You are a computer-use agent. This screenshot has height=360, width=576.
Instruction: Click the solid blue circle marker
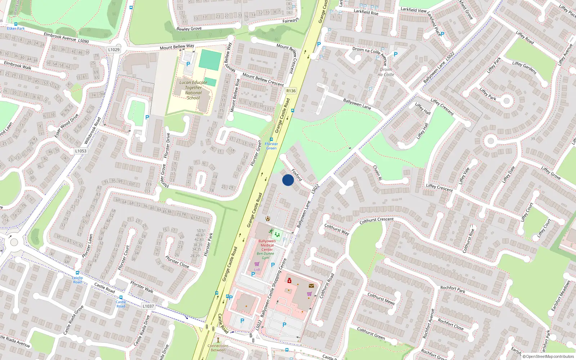pos(288,180)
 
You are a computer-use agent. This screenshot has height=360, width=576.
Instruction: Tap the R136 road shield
pos(291,91)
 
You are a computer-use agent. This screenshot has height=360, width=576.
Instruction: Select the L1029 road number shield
pos(114,50)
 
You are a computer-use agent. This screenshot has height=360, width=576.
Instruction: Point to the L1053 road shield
pos(81,151)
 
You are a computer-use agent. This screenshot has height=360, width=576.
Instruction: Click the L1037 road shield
pos(148,306)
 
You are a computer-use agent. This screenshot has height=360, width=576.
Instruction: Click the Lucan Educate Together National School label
pos(193,90)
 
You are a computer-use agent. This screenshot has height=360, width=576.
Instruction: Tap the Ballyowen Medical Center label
pos(267,245)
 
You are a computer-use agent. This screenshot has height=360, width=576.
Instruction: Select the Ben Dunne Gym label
pos(265,256)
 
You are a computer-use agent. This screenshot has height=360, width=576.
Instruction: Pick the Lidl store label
pos(257,269)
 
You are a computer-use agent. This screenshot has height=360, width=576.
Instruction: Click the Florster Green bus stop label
pos(271,146)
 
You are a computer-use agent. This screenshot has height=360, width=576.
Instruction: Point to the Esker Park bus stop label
pos(16,28)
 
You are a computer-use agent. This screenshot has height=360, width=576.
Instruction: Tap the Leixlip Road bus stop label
pos(77,280)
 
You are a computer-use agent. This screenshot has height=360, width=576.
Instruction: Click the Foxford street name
pos(297,175)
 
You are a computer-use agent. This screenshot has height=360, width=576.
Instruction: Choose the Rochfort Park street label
pos(453,289)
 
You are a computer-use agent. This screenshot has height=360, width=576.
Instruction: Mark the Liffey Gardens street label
pos(525,67)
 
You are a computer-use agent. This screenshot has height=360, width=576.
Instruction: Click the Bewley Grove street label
pos(189,28)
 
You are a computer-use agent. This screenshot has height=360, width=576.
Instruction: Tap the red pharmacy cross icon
pos(289,280)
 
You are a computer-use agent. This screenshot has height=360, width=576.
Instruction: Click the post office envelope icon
pos(311,285)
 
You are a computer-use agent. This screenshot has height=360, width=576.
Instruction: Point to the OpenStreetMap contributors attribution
pos(550,356)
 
